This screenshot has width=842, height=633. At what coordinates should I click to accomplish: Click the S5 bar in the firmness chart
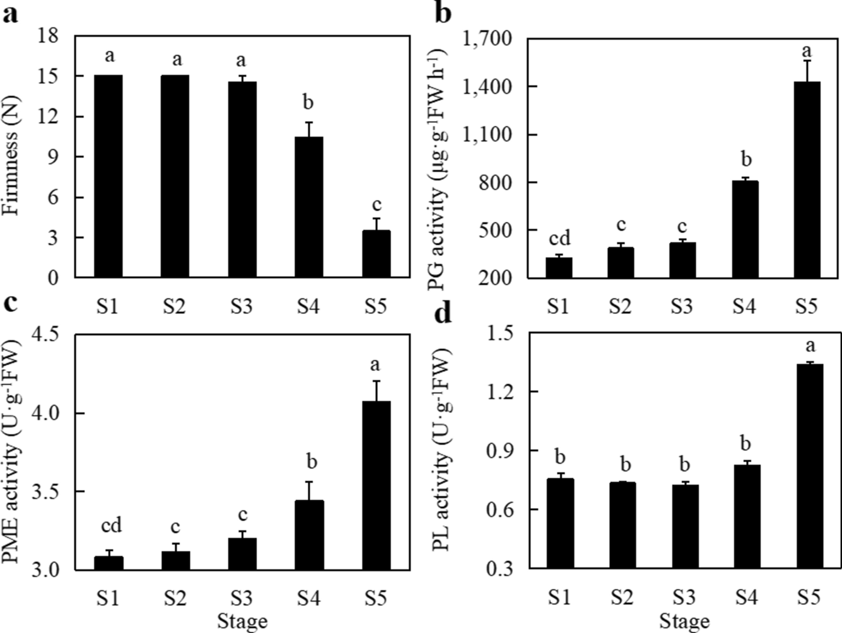(377, 254)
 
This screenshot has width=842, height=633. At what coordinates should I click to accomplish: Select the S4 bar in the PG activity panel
(745, 229)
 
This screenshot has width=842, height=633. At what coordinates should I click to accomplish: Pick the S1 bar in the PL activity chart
(560, 523)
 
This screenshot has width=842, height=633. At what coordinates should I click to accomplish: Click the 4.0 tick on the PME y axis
(46, 413)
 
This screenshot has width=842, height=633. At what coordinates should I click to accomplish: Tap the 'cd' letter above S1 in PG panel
(560, 238)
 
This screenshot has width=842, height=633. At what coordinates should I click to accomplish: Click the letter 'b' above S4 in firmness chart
(309, 102)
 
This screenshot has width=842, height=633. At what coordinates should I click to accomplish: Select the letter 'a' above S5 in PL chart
(810, 345)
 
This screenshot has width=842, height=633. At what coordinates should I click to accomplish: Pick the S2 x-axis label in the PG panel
(620, 306)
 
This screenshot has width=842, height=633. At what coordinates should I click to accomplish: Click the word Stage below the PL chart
(684, 621)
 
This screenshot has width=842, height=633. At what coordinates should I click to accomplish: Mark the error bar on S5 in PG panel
(807, 71)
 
